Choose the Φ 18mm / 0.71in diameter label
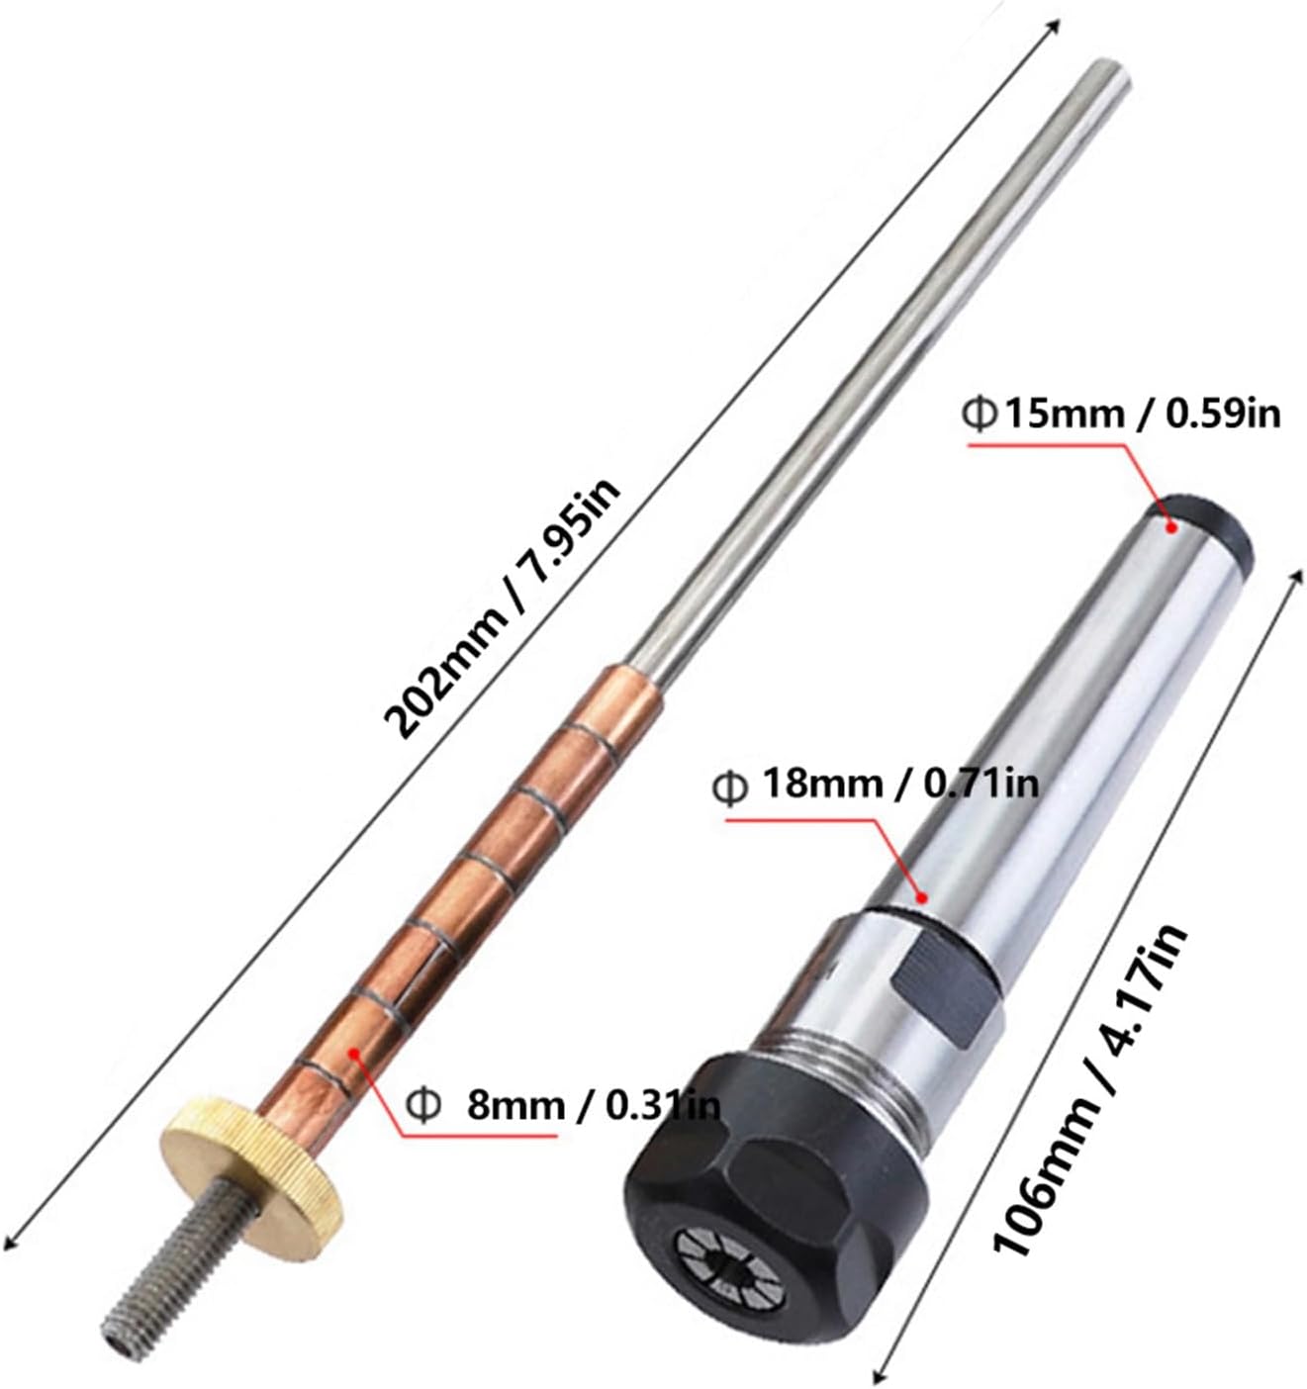point(875,785)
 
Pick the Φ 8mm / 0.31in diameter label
point(563,1106)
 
